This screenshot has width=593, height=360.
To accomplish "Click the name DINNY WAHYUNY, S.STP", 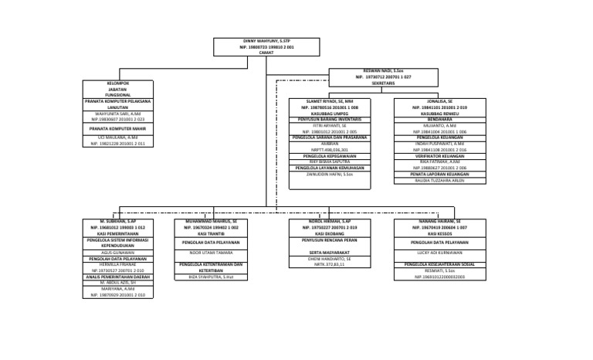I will pos(266,41).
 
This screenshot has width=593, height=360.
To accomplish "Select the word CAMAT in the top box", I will pos(266,53).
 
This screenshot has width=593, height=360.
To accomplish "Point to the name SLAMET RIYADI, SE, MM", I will pos(330,101).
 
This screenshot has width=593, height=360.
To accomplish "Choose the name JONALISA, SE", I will pos(441,101).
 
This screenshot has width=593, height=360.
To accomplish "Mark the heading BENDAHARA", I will pos(441,120).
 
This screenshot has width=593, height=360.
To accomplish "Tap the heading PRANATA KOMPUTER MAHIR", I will pos(118,130).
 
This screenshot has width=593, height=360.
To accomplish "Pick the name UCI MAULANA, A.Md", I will pos(118,138).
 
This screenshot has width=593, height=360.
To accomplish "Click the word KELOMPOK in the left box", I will pos(118,83).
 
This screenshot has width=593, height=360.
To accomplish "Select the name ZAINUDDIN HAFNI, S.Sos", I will pos(330,175).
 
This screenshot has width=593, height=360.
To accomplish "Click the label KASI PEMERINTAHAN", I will pos(118,234).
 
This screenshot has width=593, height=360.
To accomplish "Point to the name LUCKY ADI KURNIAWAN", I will pos(441,253).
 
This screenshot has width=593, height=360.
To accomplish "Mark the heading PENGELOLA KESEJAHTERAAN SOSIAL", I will pos(441,264).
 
